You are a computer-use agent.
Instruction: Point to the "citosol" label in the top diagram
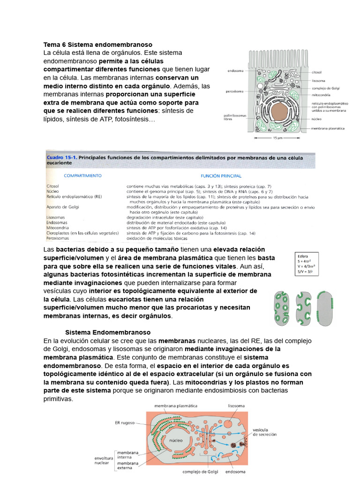(317, 73)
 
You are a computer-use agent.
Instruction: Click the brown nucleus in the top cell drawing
(280, 112)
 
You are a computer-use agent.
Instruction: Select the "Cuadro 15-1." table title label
(60, 158)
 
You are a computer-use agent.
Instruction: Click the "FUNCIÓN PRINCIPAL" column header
(221, 176)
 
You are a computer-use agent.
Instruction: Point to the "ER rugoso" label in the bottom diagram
(125, 422)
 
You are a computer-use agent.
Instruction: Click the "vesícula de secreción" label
(264, 432)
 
